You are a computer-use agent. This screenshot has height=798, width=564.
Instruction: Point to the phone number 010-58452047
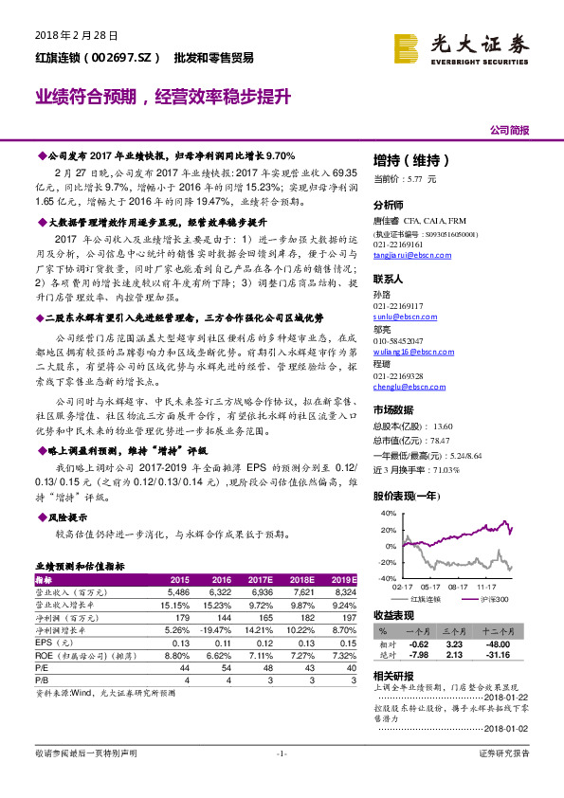(399, 340)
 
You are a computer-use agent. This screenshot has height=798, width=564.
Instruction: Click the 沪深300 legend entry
(493, 599)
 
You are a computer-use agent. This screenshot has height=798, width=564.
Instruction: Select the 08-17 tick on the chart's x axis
(459, 588)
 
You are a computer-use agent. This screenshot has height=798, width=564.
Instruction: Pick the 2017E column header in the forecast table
(261, 579)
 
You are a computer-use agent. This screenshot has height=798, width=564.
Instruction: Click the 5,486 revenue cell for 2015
(178, 591)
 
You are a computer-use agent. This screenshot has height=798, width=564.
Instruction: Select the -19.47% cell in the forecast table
(215, 628)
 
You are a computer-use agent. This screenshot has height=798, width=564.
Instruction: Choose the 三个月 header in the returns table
(446, 629)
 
